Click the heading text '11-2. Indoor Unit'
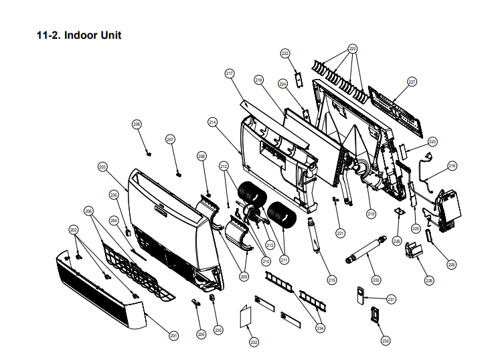pyautogui.click(x=78, y=35)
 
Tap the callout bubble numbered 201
pyautogui.click(x=173, y=335)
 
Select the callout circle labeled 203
pyautogui.click(x=102, y=167)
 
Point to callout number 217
pyautogui.click(x=229, y=73)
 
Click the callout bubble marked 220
pyautogui.click(x=352, y=49)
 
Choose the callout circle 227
pyautogui.click(x=412, y=82)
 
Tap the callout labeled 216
pyautogui.click(x=452, y=165)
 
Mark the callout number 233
pyautogui.click(x=376, y=279)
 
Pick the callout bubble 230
pyautogui.click(x=385, y=341)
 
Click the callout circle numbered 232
pyautogui.click(x=254, y=342)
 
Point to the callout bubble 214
pyautogui.click(x=213, y=122)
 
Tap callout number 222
pyautogui.click(x=284, y=53)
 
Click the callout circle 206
pyautogui.click(x=89, y=211)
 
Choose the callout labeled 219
pyautogui.click(x=370, y=213)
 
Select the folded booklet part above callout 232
pyautogui.click(x=245, y=317)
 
